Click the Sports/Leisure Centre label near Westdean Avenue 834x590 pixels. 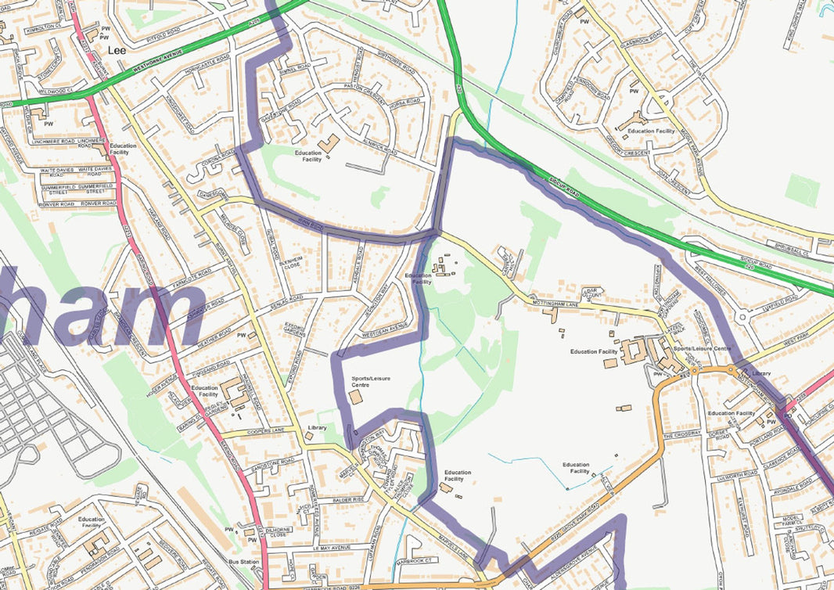click(x=371, y=382)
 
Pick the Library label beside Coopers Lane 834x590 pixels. click(x=317, y=427)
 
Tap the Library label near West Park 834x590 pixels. click(x=760, y=374)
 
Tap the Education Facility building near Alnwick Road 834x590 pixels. click(x=329, y=144)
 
